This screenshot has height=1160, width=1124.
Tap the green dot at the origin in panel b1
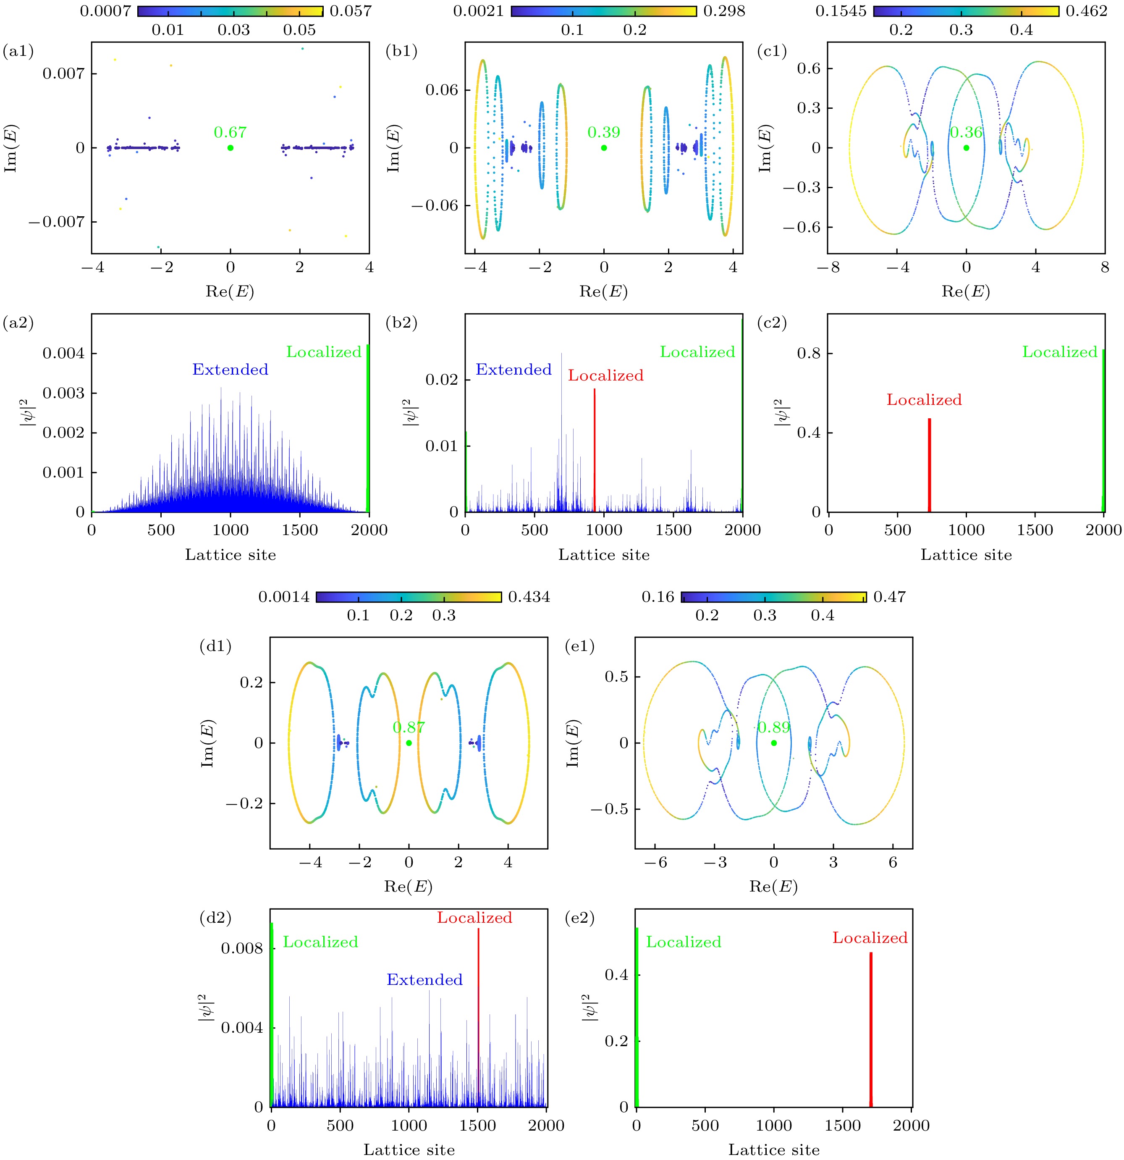click(x=604, y=148)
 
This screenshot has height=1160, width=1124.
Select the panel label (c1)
click(x=772, y=52)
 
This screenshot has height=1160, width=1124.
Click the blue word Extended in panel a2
click(x=230, y=370)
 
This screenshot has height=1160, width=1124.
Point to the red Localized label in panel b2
click(x=606, y=376)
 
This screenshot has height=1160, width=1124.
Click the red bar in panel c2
click(x=929, y=465)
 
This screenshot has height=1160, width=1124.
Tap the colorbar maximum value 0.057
click(x=350, y=11)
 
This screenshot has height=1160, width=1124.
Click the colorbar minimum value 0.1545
click(x=841, y=11)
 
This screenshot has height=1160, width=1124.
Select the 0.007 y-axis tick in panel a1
click(x=63, y=73)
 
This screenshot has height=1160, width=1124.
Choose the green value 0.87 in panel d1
click(x=409, y=728)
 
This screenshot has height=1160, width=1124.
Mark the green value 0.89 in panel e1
click(x=774, y=728)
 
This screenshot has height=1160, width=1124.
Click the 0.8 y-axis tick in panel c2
click(x=807, y=354)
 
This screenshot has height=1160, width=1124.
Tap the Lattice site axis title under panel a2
click(x=230, y=555)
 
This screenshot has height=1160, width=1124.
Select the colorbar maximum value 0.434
click(x=529, y=597)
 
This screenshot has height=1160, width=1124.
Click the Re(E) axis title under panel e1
click(x=773, y=887)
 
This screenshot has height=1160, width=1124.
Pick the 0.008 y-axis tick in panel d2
click(x=241, y=949)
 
